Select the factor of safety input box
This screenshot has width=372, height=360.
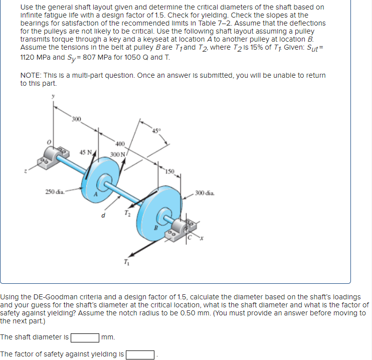(140, 355)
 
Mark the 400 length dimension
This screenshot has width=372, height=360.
(120, 143)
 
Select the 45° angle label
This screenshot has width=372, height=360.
(157, 132)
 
